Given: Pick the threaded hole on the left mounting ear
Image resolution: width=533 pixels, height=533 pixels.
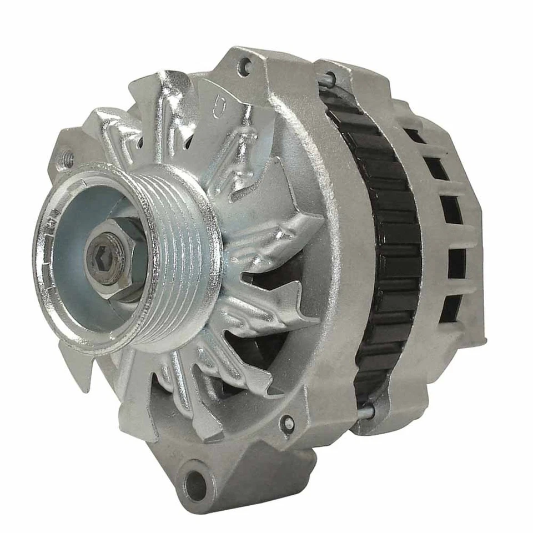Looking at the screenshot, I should (68, 159).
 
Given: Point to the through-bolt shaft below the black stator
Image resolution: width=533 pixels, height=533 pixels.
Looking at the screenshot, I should (364, 412).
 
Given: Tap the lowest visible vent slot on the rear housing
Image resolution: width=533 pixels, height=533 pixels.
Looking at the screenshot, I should (450, 308).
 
